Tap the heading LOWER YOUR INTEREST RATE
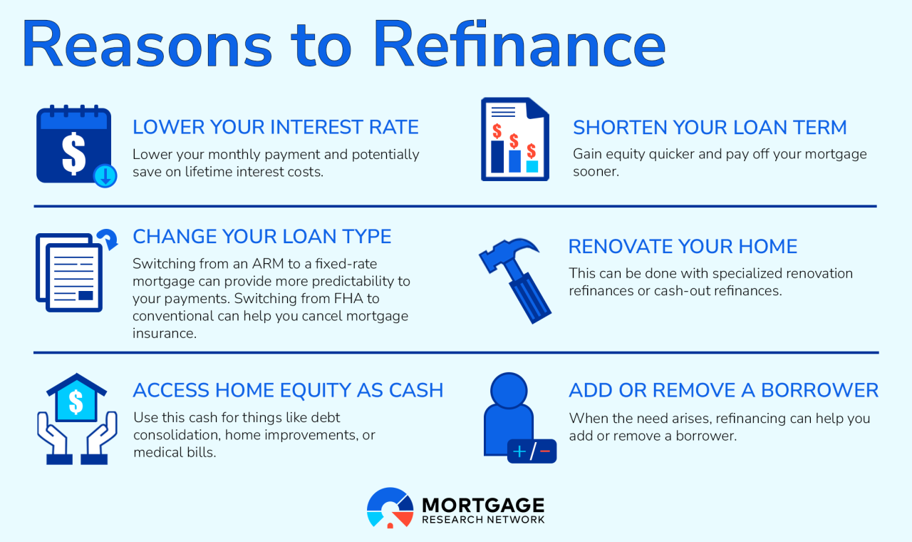pos(276,128)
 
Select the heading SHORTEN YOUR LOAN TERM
pos(710,128)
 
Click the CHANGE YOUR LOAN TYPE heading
pos(261,236)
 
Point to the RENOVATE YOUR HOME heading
pos(683,247)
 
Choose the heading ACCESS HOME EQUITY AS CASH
pos(288,390)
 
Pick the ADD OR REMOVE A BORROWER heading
pos(723,390)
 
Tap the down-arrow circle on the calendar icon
pos(105,175)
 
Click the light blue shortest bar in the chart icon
pos(532,165)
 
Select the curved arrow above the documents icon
pos(108,241)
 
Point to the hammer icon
pos(514,274)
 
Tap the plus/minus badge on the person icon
pos(532,451)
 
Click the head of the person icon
pos(509,390)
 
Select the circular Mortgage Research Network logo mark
pos(390,508)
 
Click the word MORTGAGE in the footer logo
pos(482,505)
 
